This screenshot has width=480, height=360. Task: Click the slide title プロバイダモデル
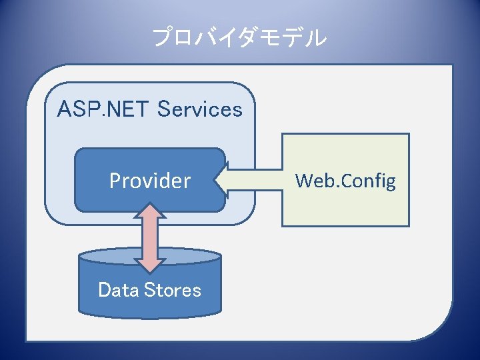[x=240, y=38]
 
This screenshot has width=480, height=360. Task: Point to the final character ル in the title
[x=317, y=38]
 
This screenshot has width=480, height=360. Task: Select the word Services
[x=199, y=109]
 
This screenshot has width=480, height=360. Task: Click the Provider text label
[x=150, y=181]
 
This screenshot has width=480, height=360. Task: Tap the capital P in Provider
[x=115, y=181]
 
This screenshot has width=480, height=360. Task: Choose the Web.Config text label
[x=345, y=181]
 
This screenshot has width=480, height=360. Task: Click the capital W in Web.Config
[x=303, y=181]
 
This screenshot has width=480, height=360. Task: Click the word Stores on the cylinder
[x=173, y=290]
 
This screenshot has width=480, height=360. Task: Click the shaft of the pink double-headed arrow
[x=153, y=237]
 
